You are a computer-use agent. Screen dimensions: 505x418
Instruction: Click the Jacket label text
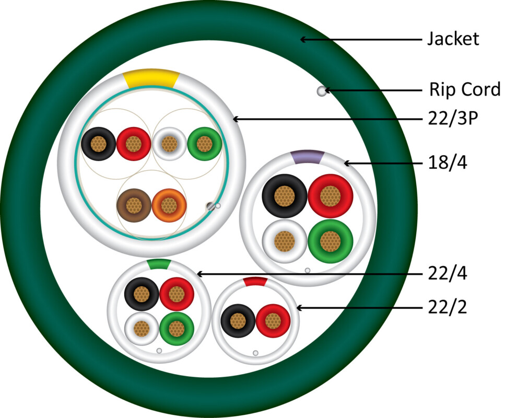[453, 39]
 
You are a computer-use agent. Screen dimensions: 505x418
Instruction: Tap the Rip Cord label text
[465, 89]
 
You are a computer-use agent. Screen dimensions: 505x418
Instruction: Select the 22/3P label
[453, 118]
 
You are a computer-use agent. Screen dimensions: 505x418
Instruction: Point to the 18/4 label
[448, 162]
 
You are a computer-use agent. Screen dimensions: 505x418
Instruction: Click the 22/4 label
[448, 273]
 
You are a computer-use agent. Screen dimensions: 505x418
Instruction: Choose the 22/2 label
[448, 307]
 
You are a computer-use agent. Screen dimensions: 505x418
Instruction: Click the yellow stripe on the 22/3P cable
[151, 78]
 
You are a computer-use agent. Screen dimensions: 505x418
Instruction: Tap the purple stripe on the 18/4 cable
[307, 157]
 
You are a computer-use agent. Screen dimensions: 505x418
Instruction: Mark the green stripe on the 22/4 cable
[159, 264]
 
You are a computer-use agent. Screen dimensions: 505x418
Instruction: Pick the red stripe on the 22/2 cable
[255, 281]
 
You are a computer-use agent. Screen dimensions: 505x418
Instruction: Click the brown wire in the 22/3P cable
[134, 205]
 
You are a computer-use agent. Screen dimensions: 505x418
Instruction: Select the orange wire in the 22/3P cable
[169, 205]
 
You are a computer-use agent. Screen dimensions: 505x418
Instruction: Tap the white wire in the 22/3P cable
[169, 144]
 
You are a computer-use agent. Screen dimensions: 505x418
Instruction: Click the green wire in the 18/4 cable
[330, 241]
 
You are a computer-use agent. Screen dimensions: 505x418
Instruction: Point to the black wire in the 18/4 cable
[285, 196]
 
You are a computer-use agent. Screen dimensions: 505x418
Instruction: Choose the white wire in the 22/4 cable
[142, 329]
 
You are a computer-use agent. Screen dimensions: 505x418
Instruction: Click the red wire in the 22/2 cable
[273, 321]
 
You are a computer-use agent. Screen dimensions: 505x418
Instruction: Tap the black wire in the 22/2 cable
[238, 321]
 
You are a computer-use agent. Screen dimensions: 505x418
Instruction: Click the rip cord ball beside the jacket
[322, 91]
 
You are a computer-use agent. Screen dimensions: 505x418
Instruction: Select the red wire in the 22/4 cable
[177, 294]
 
